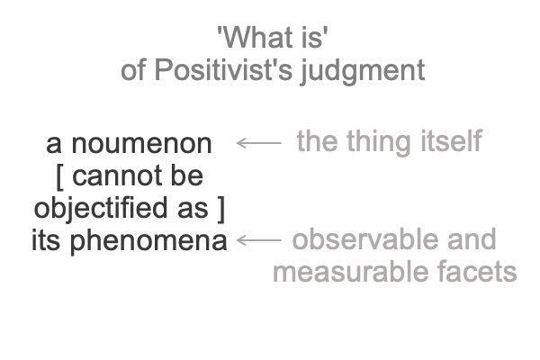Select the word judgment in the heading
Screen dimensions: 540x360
tap(363, 71)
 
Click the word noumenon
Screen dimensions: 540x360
tap(141, 144)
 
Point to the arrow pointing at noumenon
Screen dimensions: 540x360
tap(258, 142)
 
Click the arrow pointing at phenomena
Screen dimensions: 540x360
tap(258, 240)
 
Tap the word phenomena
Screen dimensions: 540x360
tap(148, 242)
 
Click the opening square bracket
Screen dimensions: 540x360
tap(59, 176)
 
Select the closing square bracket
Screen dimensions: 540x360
tap(221, 209)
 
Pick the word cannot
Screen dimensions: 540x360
tap(117, 176)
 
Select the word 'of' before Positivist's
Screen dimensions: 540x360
tap(133, 70)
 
